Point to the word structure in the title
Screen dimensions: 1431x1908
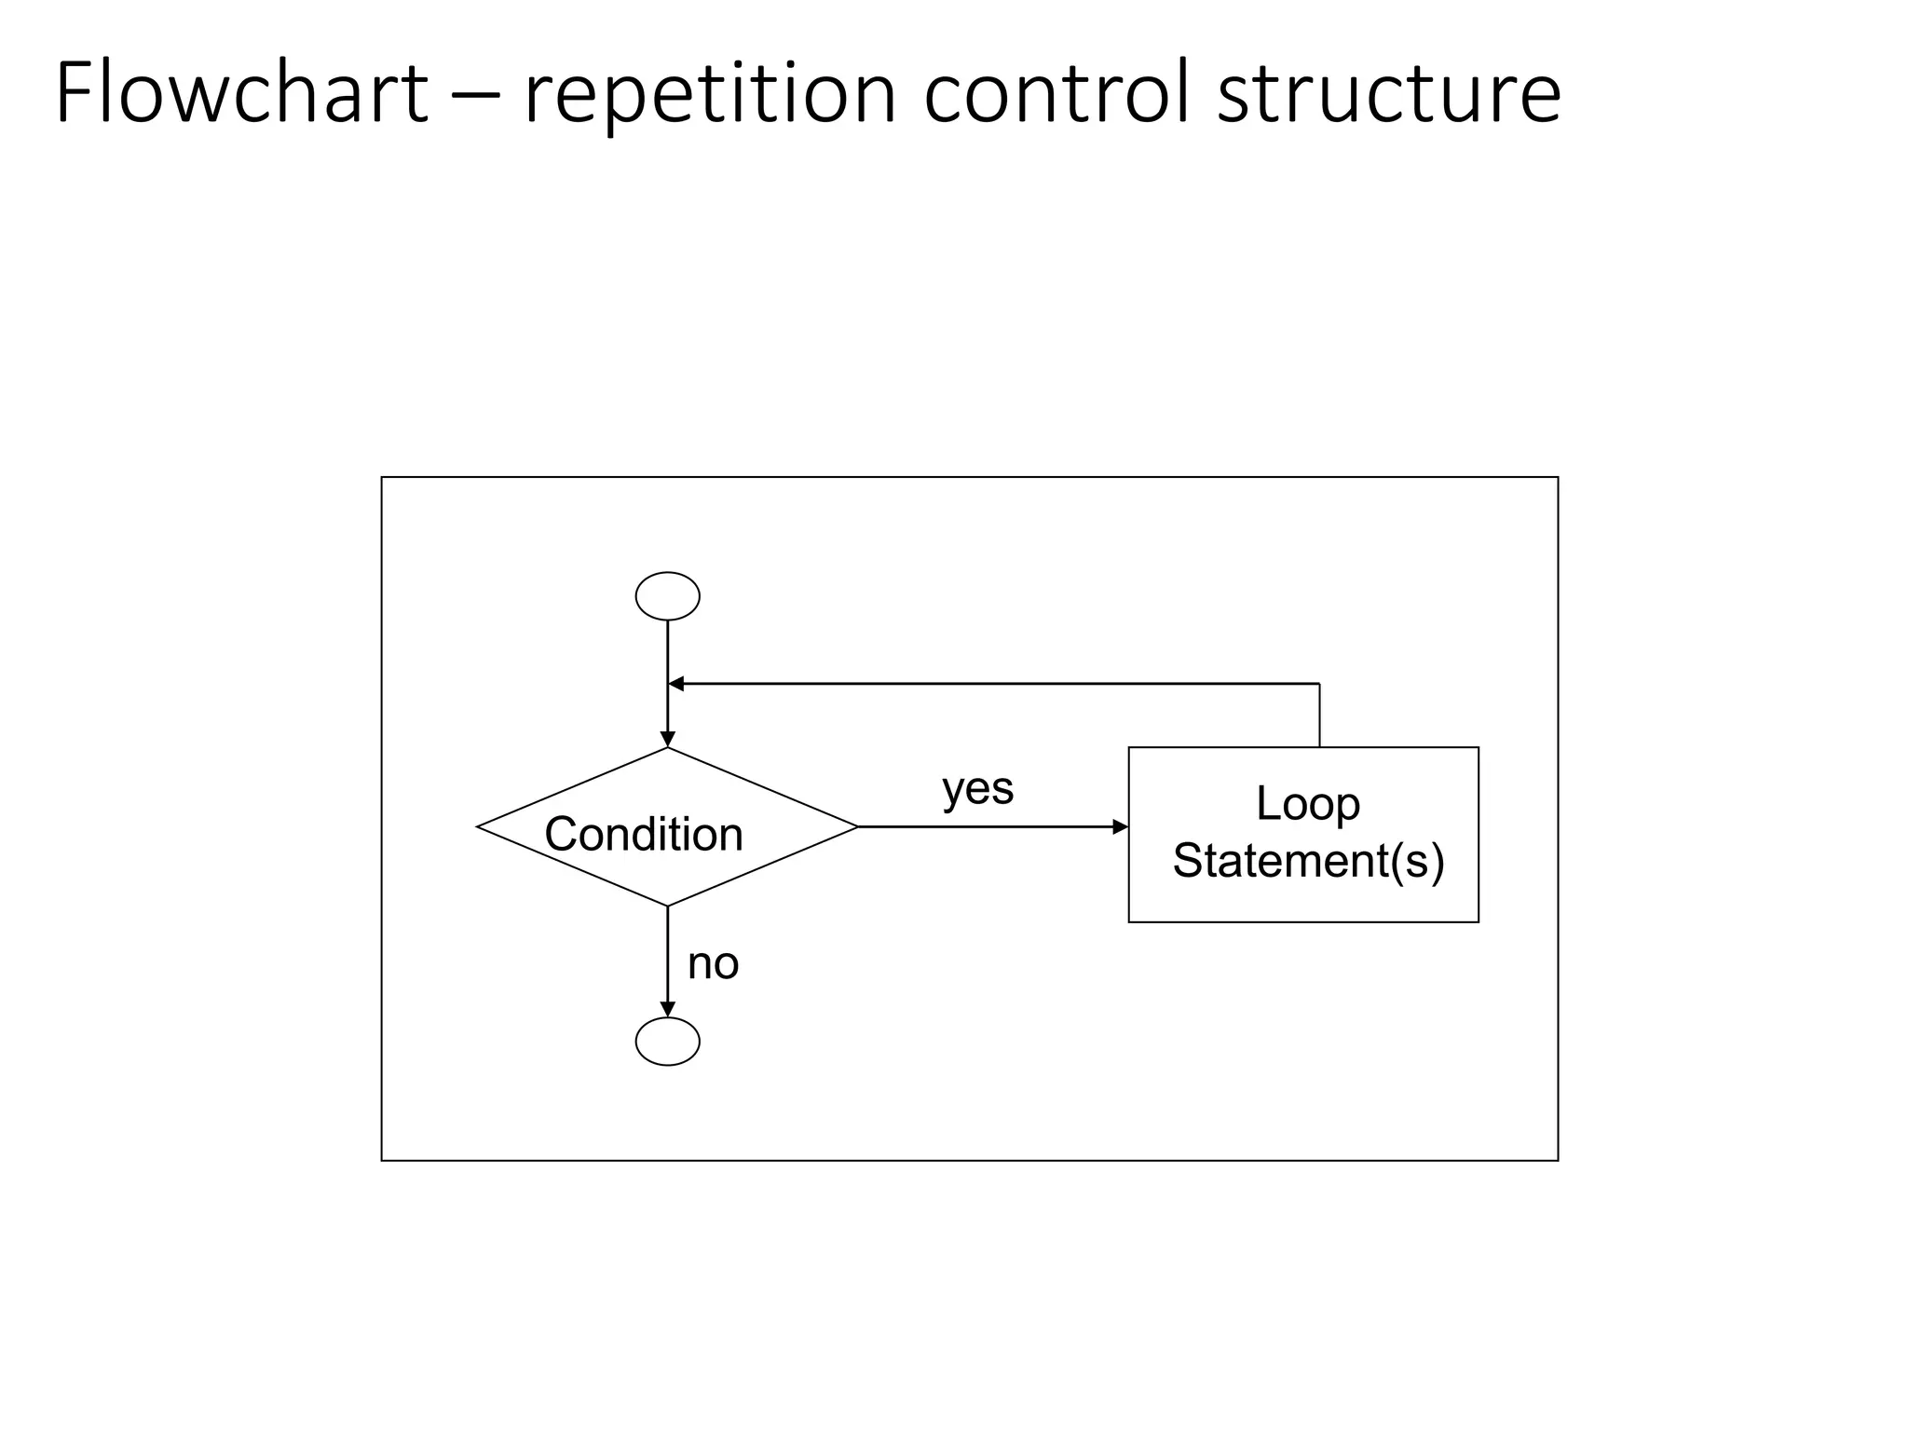(1388, 93)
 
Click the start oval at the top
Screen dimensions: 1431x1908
(667, 596)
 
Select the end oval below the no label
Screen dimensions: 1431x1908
(667, 1041)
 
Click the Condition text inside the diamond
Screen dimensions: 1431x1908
(644, 834)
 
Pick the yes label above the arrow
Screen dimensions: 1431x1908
(977, 788)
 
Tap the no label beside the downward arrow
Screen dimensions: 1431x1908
(713, 963)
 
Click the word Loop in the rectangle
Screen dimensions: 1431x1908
(1307, 803)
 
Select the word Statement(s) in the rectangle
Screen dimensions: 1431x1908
(1307, 860)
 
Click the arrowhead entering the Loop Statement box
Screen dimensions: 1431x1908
(1120, 826)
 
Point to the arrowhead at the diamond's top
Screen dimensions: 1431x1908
(667, 739)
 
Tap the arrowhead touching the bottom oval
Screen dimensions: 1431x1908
(667, 1009)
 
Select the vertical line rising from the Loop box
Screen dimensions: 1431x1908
(1319, 715)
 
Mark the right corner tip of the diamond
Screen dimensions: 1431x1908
(855, 826)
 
